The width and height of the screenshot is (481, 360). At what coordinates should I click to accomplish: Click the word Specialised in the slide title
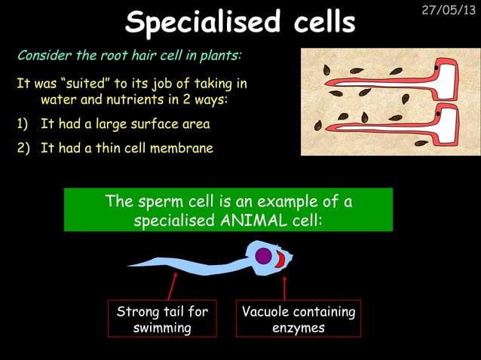tap(192, 23)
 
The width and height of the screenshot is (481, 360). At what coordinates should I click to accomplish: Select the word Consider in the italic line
tap(43, 56)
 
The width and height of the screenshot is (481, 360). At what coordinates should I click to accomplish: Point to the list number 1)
tap(23, 124)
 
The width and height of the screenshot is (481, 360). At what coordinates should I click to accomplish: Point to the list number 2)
tap(23, 148)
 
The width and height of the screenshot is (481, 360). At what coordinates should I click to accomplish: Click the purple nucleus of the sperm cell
tap(263, 256)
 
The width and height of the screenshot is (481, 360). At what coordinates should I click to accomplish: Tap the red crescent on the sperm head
tap(279, 260)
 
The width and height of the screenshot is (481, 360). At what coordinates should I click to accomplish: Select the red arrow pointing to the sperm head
tap(284, 288)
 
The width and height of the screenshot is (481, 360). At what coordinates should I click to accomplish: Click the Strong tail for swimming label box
tap(162, 319)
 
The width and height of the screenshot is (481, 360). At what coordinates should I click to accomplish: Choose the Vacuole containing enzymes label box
tap(299, 319)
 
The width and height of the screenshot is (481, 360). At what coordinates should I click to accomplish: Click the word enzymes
tap(299, 328)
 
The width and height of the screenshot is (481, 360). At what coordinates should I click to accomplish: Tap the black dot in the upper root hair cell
tap(437, 71)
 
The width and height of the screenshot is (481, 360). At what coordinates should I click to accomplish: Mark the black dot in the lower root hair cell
tap(437, 114)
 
